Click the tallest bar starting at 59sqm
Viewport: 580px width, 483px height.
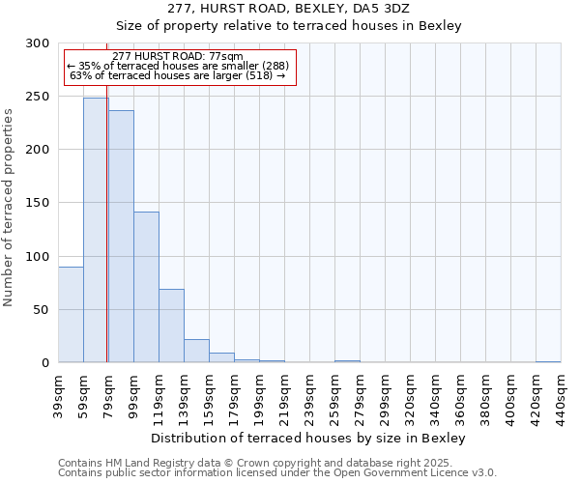click(96, 230)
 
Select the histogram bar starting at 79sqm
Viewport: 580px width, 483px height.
click(121, 237)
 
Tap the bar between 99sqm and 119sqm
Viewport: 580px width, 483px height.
click(146, 287)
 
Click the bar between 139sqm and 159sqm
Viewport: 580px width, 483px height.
click(196, 351)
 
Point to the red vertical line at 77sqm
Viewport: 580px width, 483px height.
click(106, 193)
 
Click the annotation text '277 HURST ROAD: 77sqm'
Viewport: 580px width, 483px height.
click(178, 57)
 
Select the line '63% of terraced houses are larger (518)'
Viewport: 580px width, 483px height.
click(178, 75)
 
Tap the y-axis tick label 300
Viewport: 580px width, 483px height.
click(38, 43)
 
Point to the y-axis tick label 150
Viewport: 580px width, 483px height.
click(38, 203)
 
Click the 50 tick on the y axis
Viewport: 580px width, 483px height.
click(42, 310)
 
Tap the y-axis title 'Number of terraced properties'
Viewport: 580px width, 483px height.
click(10, 207)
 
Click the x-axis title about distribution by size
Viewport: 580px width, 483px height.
click(309, 439)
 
